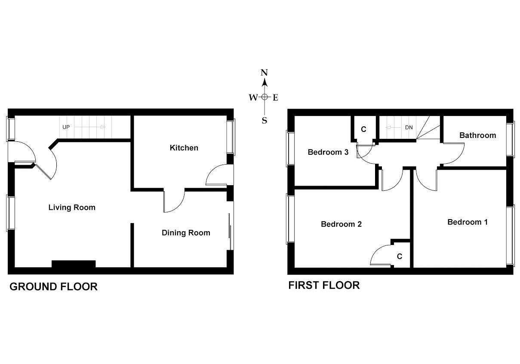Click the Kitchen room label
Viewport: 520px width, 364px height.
pos(184,148)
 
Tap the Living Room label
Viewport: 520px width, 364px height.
pos(71,208)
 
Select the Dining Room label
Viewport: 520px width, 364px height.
pos(186,233)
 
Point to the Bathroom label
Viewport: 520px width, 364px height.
pos(477,135)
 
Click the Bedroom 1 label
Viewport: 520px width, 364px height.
pos(467,222)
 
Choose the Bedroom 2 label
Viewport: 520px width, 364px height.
pos(341,224)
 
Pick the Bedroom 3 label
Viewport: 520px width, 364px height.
pos(328,152)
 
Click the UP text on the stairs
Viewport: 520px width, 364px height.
pos(66,127)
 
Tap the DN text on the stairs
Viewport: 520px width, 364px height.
pos(409,128)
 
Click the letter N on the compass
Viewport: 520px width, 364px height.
pos(265,72)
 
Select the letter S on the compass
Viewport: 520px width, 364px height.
pos(265,121)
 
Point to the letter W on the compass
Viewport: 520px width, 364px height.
pos(253,98)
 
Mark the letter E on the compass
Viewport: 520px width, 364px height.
pos(275,98)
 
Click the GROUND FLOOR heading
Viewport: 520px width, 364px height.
pos(53,287)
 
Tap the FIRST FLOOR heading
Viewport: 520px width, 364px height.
pos(324,285)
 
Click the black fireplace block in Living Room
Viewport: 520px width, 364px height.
pos(73,264)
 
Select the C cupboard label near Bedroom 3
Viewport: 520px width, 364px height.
pos(363,129)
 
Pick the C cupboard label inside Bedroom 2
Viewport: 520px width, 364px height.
pos(400,257)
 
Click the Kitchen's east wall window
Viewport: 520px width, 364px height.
pos(232,137)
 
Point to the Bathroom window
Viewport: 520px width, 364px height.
pos(510,139)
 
